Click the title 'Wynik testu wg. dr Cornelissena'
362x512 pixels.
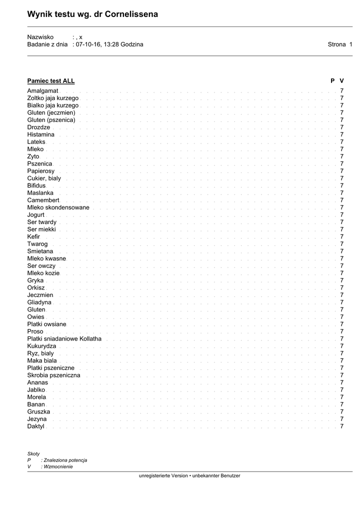pyautogui.click(x=92, y=14)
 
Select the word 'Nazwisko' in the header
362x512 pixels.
pyautogui.click(x=40, y=37)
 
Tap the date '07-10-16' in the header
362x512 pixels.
pyautogui.click(x=88, y=44)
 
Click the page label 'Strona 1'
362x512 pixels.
pyautogui.click(x=340, y=44)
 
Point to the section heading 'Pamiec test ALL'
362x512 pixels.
pyautogui.click(x=51, y=80)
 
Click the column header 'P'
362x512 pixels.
pyautogui.click(x=332, y=80)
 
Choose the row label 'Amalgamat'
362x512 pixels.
pyautogui.click(x=42, y=91)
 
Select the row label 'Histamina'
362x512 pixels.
pyautogui.click(x=41, y=135)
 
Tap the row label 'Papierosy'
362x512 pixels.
pyautogui.click(x=41, y=171)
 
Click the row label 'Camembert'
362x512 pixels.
pyautogui.click(x=43, y=200)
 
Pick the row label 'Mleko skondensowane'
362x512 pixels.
pyautogui.click(x=58, y=207)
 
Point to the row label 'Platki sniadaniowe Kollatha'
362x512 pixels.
pyautogui.click(x=64, y=339)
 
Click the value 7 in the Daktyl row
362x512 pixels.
pyautogui.click(x=342, y=426)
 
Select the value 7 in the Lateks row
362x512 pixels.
pyautogui.click(x=342, y=142)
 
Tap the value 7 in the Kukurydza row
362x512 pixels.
pyautogui.click(x=342, y=346)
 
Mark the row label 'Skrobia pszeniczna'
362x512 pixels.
pyautogui.click(x=53, y=375)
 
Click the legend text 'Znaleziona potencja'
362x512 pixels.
pyautogui.click(x=65, y=460)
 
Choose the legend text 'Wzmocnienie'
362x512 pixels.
pyautogui.click(x=58, y=466)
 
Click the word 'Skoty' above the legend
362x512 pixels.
pyautogui.click(x=33, y=453)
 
